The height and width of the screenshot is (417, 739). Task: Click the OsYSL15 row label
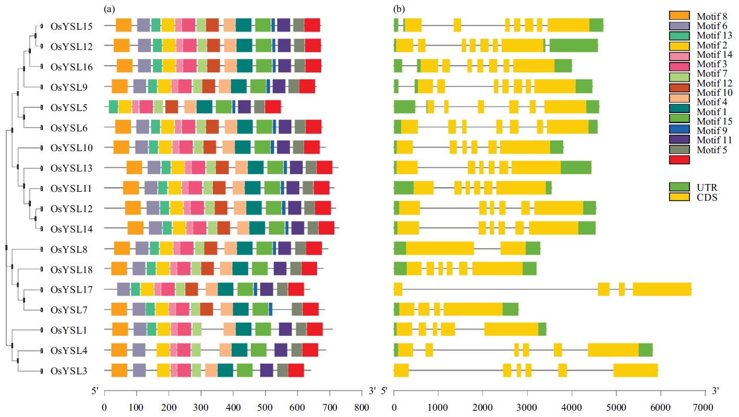[x=72, y=26]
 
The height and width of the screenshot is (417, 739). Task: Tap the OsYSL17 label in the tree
[x=72, y=289]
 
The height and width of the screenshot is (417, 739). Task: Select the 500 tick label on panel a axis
[x=265, y=407]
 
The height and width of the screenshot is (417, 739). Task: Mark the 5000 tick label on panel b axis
[x=615, y=407]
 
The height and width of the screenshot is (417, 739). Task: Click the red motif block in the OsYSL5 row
[x=273, y=107]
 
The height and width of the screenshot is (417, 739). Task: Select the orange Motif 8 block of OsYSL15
[x=123, y=26]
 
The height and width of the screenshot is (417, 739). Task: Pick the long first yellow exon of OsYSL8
[x=440, y=249]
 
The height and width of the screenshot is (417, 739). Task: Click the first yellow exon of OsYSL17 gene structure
[x=398, y=289]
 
